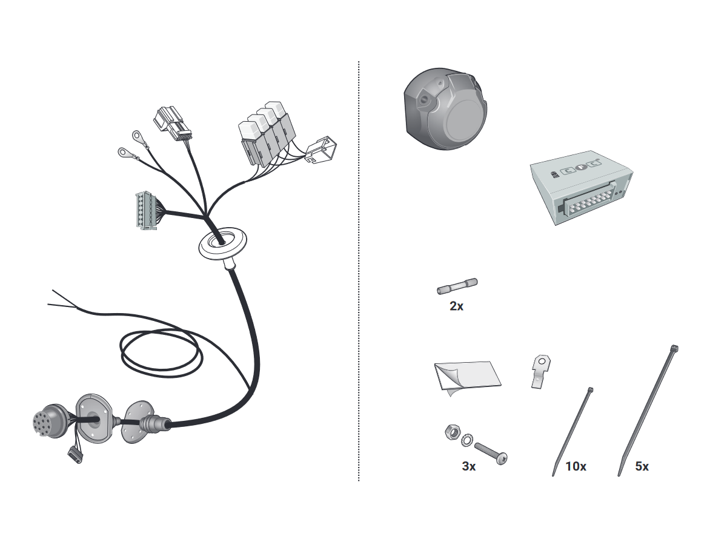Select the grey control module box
tap(581, 187)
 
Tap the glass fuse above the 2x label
tap(457, 286)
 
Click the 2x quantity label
tap(456, 306)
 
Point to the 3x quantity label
tap(468, 466)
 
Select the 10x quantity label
tap(576, 466)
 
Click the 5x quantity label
tap(642, 466)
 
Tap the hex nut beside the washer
tap(452, 432)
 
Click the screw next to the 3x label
tap(491, 454)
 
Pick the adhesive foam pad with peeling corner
tap(468, 377)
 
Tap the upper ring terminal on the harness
tap(136, 135)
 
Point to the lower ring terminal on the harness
tap(123, 152)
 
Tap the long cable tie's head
tap(674, 348)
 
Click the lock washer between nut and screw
tap(466, 439)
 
